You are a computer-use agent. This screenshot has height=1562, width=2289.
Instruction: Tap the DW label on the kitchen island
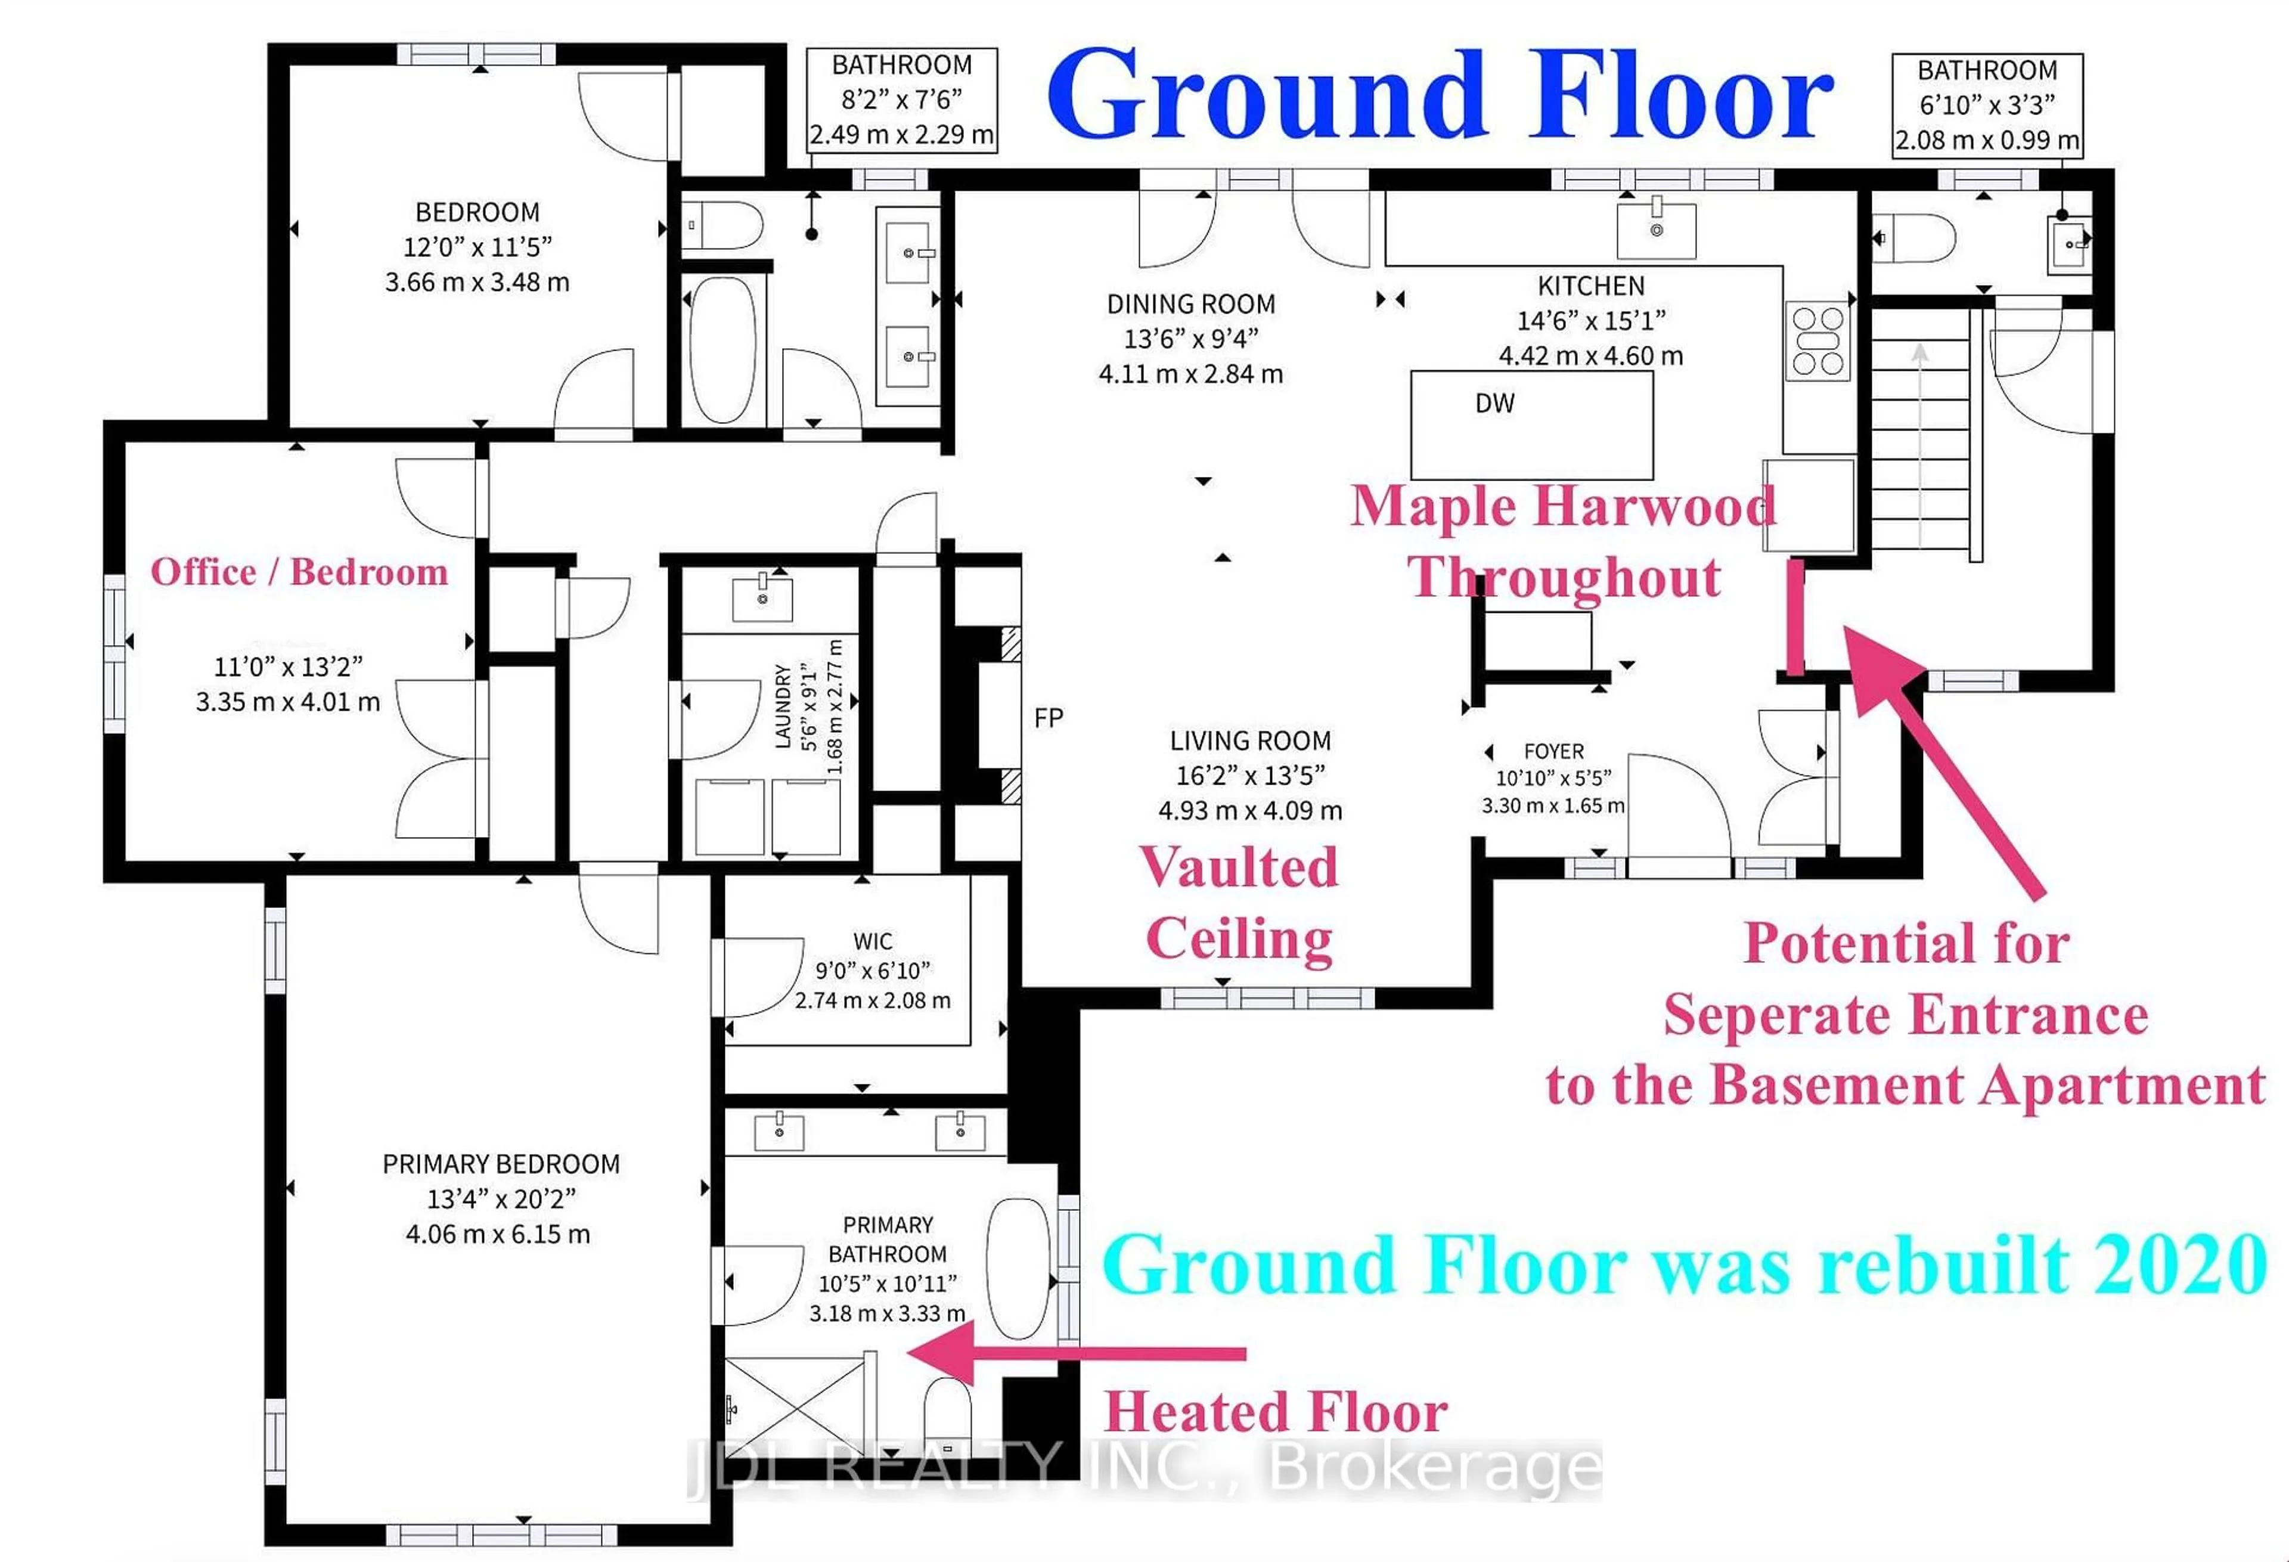pos(1494,403)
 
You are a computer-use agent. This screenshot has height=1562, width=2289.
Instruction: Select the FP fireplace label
pos(1048,718)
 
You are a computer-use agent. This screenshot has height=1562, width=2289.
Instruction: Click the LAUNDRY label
pos(784,705)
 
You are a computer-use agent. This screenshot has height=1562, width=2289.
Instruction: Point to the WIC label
pos(873,941)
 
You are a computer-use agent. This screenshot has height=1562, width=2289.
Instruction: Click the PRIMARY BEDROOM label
pos(500,1164)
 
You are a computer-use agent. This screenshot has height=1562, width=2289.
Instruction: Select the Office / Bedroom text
pos(299,572)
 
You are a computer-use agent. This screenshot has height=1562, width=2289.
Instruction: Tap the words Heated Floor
pos(1274,1412)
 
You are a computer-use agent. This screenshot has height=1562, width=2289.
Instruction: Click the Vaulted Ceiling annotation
pos(1240,903)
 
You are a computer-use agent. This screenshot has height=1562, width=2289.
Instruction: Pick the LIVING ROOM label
pos(1250,740)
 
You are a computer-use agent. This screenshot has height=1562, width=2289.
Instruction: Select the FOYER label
pos(1553,751)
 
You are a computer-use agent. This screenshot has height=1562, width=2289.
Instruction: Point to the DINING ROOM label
pos(1191,303)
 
